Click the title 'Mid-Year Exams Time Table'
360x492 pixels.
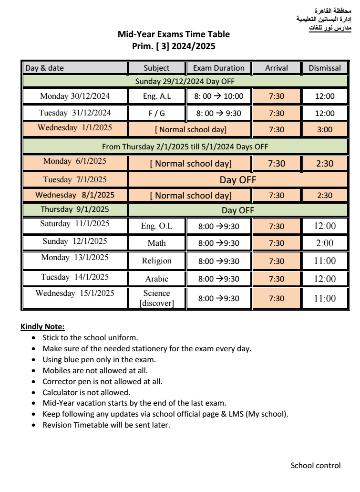tap(173, 34)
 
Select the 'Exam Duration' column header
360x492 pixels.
tap(219, 68)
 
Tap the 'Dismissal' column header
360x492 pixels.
tap(325, 68)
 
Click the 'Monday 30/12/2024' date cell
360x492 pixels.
tap(75, 96)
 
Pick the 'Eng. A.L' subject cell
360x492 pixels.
tap(156, 96)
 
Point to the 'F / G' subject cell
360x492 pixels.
tap(156, 113)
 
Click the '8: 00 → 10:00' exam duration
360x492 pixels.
tap(219, 96)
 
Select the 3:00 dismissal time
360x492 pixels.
tap(325, 129)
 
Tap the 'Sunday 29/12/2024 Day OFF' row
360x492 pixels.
tap(185, 81)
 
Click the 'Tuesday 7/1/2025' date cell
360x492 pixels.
tap(75, 179)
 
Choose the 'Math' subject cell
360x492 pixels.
tap(156, 242)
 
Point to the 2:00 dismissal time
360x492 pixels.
tap(325, 242)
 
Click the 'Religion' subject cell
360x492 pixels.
tap(156, 261)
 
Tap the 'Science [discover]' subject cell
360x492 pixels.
tap(156, 298)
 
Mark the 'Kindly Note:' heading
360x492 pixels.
tap(42, 327)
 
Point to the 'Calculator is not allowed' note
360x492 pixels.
tap(86, 393)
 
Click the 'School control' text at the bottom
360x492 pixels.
tap(316, 465)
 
